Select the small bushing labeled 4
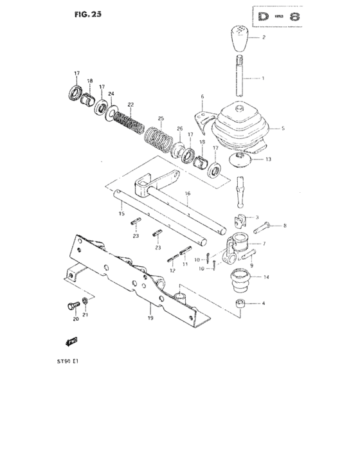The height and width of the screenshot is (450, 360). pos(241,303)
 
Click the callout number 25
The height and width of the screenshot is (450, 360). pos(161,118)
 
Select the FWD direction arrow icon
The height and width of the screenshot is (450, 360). pos(73,341)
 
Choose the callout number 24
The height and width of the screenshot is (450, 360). pos(111,94)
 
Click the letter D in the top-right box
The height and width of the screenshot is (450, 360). pos(258,15)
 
